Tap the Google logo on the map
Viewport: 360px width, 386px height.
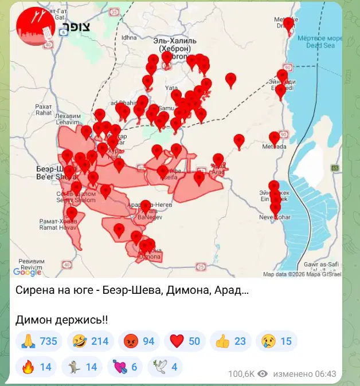27,272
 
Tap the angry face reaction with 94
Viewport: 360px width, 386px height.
139,341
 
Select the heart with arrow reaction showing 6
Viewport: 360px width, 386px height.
126,367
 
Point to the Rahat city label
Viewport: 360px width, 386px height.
43,109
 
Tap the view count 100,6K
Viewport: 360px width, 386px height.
241,373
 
